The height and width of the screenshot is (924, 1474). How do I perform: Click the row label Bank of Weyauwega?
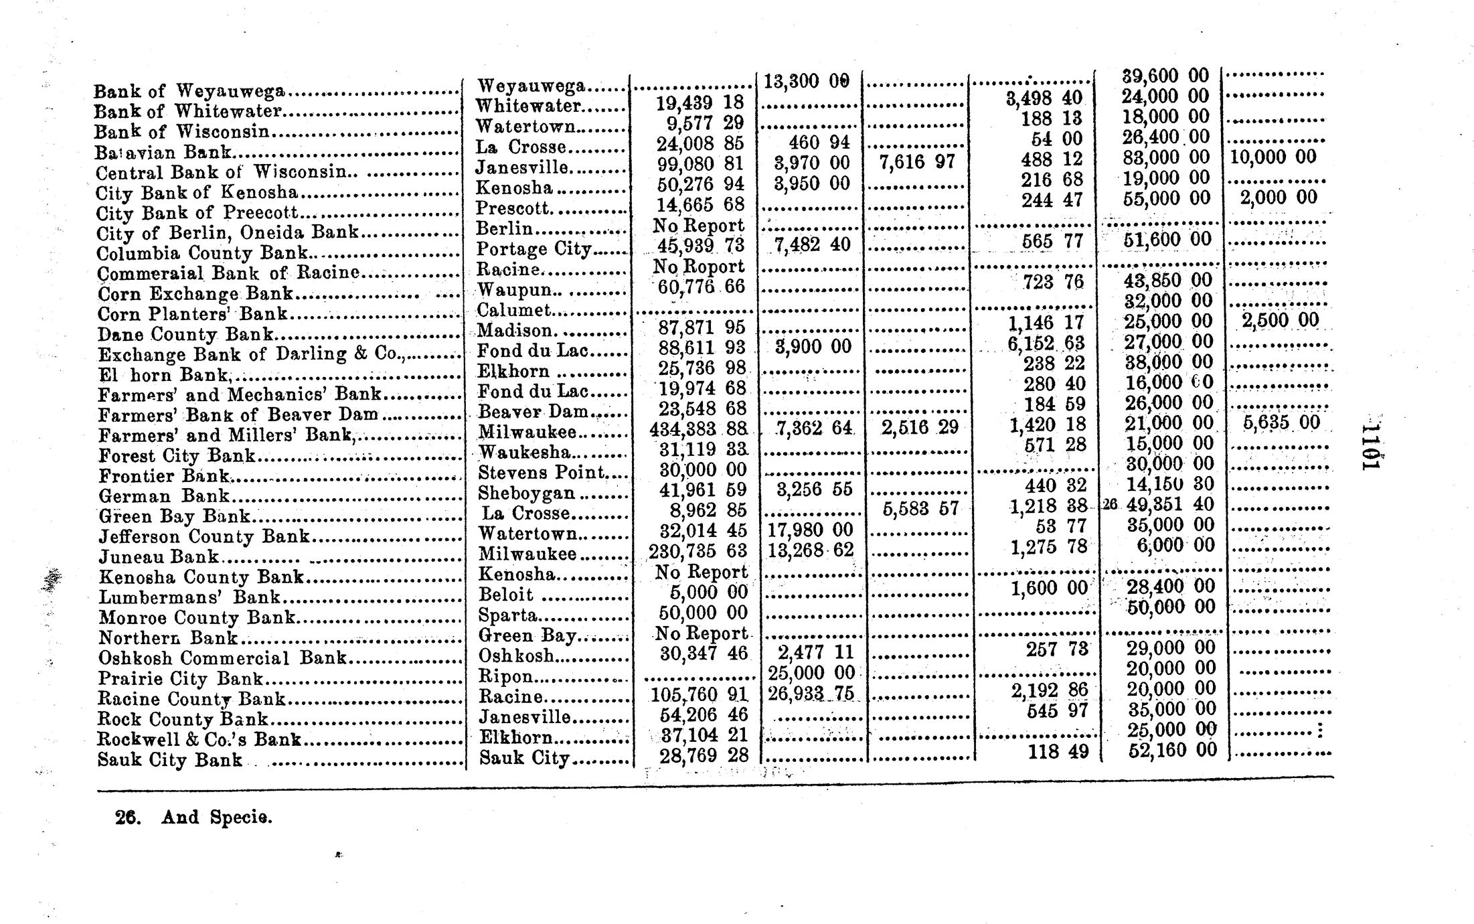tap(189, 91)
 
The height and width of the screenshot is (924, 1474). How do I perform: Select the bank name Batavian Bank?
tap(163, 153)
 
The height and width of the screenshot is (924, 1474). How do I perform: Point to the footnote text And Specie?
tap(216, 818)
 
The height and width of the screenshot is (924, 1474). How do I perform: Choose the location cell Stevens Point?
tap(542, 473)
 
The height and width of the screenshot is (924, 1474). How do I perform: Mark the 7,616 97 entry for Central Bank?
tap(916, 162)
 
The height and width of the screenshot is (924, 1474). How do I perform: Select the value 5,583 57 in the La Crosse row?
tap(920, 509)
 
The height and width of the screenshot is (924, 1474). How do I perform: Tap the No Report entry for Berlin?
tap(698, 226)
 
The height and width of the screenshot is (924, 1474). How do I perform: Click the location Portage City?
tap(534, 250)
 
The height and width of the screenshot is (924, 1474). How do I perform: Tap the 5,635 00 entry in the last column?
tap(1281, 422)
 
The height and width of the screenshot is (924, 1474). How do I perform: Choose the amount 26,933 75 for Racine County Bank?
tap(811, 693)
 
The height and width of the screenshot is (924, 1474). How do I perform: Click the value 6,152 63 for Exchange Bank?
tap(1045, 343)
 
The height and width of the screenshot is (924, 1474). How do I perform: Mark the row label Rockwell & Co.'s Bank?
tap(199, 739)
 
